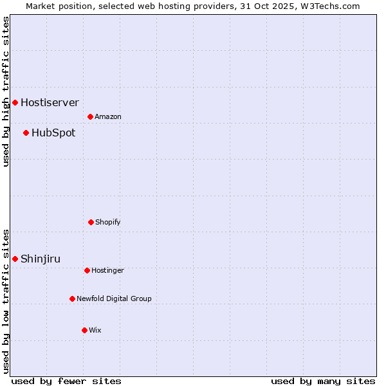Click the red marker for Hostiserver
(x=15, y=102)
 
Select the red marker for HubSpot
(x=26, y=133)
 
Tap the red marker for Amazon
(x=90, y=116)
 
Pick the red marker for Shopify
(x=91, y=222)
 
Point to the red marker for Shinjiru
(x=15, y=259)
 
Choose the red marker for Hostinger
(x=87, y=270)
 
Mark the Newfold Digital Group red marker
(x=72, y=299)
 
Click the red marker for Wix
(x=84, y=330)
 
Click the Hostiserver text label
(x=50, y=102)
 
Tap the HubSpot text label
(x=53, y=133)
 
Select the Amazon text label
(x=108, y=117)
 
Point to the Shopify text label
(x=108, y=223)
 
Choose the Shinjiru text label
(x=41, y=259)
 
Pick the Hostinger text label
(x=107, y=271)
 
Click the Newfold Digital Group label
(x=114, y=299)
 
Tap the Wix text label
(x=95, y=331)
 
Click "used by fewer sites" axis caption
(x=66, y=381)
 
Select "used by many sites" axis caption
(x=323, y=381)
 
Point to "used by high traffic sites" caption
(x=6, y=91)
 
